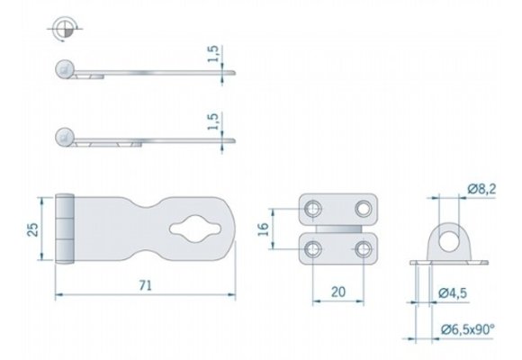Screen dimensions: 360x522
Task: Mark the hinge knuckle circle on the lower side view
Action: click(64, 137)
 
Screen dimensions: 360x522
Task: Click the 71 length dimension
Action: click(144, 284)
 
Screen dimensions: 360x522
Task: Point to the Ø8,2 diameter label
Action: click(481, 187)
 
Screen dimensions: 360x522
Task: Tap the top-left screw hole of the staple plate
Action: click(312, 209)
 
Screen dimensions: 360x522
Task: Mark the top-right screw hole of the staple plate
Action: click(363, 209)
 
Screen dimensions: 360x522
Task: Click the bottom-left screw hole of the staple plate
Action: click(312, 248)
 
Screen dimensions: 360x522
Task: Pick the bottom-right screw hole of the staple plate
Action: click(363, 248)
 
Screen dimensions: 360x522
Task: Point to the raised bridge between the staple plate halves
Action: click(337, 229)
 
